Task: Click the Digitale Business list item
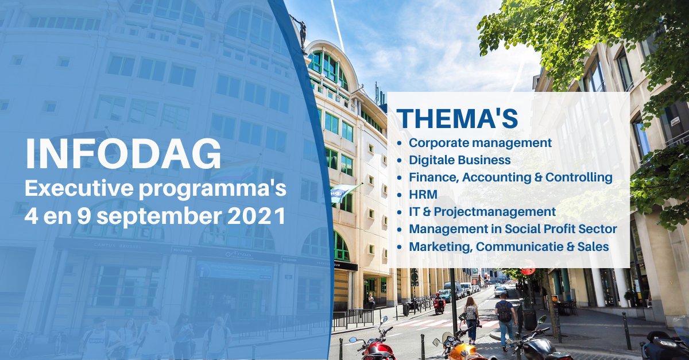click(x=460, y=160)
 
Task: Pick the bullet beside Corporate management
click(x=400, y=143)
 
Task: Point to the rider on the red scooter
click(x=439, y=300)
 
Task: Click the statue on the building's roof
click(x=301, y=32)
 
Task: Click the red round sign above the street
click(x=527, y=269)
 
